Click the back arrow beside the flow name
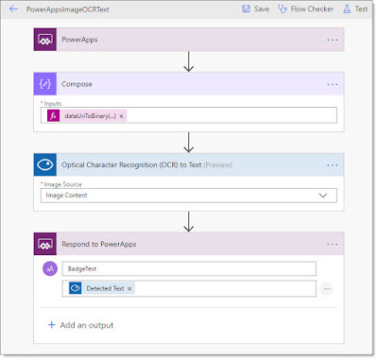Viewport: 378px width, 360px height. click(x=13, y=9)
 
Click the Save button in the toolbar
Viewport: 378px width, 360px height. click(x=255, y=9)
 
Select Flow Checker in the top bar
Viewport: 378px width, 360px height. click(x=305, y=9)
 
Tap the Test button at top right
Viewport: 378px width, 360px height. click(x=355, y=9)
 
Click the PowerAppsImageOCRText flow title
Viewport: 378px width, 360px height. click(x=68, y=9)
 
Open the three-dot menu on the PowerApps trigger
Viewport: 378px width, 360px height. click(x=333, y=40)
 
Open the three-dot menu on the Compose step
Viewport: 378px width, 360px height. click(x=333, y=84)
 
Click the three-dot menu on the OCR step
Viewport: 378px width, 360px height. click(x=333, y=165)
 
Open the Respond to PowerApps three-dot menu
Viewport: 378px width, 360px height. click(x=333, y=245)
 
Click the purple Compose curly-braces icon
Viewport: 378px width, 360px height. click(x=45, y=84)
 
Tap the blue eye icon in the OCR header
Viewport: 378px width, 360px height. click(x=45, y=164)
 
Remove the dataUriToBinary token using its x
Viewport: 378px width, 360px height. click(x=121, y=116)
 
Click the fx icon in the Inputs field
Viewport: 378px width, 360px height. click(x=53, y=116)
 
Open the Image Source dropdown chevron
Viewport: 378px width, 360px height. click(x=323, y=196)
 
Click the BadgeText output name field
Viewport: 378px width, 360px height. click(x=189, y=269)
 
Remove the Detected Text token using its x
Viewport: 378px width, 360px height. click(x=129, y=288)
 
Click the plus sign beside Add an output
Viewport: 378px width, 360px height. click(x=52, y=325)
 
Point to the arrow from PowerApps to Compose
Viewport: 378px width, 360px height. click(x=188, y=61)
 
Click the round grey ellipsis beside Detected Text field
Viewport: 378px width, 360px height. click(x=327, y=289)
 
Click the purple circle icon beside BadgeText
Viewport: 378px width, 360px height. click(x=50, y=268)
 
